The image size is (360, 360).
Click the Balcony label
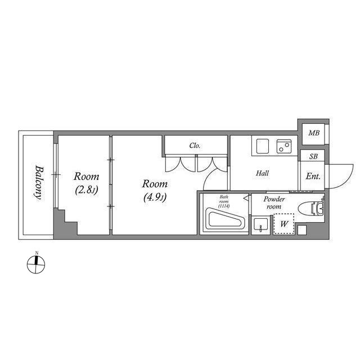[38, 182]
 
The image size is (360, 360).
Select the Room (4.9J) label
[155, 190]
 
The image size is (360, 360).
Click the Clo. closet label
[195, 145]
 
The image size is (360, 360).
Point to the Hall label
[263, 173]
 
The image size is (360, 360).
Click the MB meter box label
[314, 133]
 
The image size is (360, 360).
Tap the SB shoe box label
[313, 156]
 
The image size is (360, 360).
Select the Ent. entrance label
[313, 176]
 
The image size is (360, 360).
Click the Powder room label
[274, 202]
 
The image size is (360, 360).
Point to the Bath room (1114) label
[224, 201]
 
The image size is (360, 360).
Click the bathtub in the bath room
[225, 219]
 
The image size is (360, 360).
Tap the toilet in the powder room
[311, 208]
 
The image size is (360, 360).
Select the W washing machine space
[283, 224]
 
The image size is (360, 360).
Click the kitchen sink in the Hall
[263, 146]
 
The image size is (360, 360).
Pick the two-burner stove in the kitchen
[284, 146]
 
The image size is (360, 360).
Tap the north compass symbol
[36, 265]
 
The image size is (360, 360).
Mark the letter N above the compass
[37, 253]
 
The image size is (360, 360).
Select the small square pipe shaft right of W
[302, 230]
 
